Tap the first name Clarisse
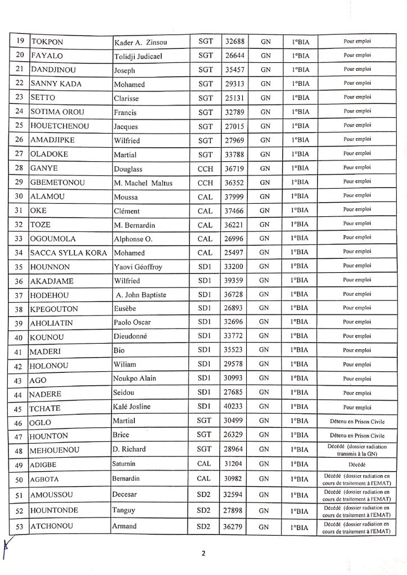pos(128,98)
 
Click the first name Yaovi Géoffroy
pos(138,267)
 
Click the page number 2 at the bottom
pos(204,554)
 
